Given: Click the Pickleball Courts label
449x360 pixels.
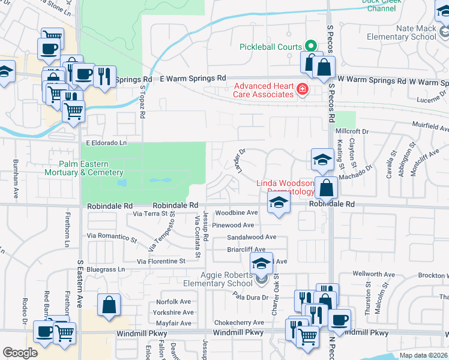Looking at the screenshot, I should point(270,46).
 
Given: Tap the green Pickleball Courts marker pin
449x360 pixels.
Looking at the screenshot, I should point(310,46).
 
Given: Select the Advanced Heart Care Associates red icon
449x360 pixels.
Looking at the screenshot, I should point(302,91).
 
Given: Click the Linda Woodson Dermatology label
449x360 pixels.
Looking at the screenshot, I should point(286,187).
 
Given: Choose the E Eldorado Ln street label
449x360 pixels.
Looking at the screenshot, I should point(107,143).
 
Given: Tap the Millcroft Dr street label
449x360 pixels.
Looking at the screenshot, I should point(352,130).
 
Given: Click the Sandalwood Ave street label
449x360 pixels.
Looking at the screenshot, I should point(252,237).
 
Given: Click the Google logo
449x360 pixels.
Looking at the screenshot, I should point(20,353).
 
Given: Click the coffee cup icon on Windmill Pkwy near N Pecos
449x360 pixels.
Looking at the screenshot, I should point(339,320).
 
